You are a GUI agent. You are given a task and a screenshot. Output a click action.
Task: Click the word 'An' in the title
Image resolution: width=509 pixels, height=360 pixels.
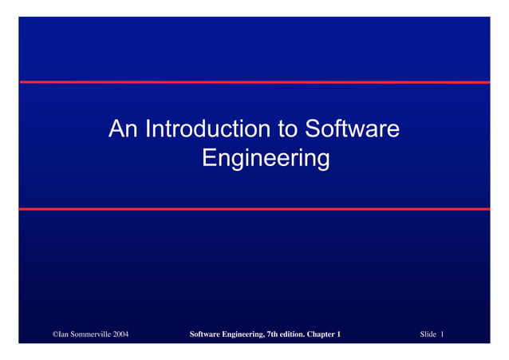point(122,129)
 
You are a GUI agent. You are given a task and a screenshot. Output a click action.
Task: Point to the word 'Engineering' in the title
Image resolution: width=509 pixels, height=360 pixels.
point(266,159)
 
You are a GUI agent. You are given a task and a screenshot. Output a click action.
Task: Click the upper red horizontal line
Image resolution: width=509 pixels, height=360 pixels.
point(254,82)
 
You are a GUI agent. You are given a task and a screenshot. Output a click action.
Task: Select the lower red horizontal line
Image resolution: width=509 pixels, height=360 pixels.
point(254,209)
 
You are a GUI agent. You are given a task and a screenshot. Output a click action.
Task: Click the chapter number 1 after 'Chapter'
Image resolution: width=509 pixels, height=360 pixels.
point(339,334)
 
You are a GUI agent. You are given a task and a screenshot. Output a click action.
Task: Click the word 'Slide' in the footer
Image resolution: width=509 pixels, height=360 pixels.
point(428,334)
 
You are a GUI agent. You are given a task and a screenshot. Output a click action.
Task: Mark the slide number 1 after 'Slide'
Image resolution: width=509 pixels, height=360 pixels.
point(442,334)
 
